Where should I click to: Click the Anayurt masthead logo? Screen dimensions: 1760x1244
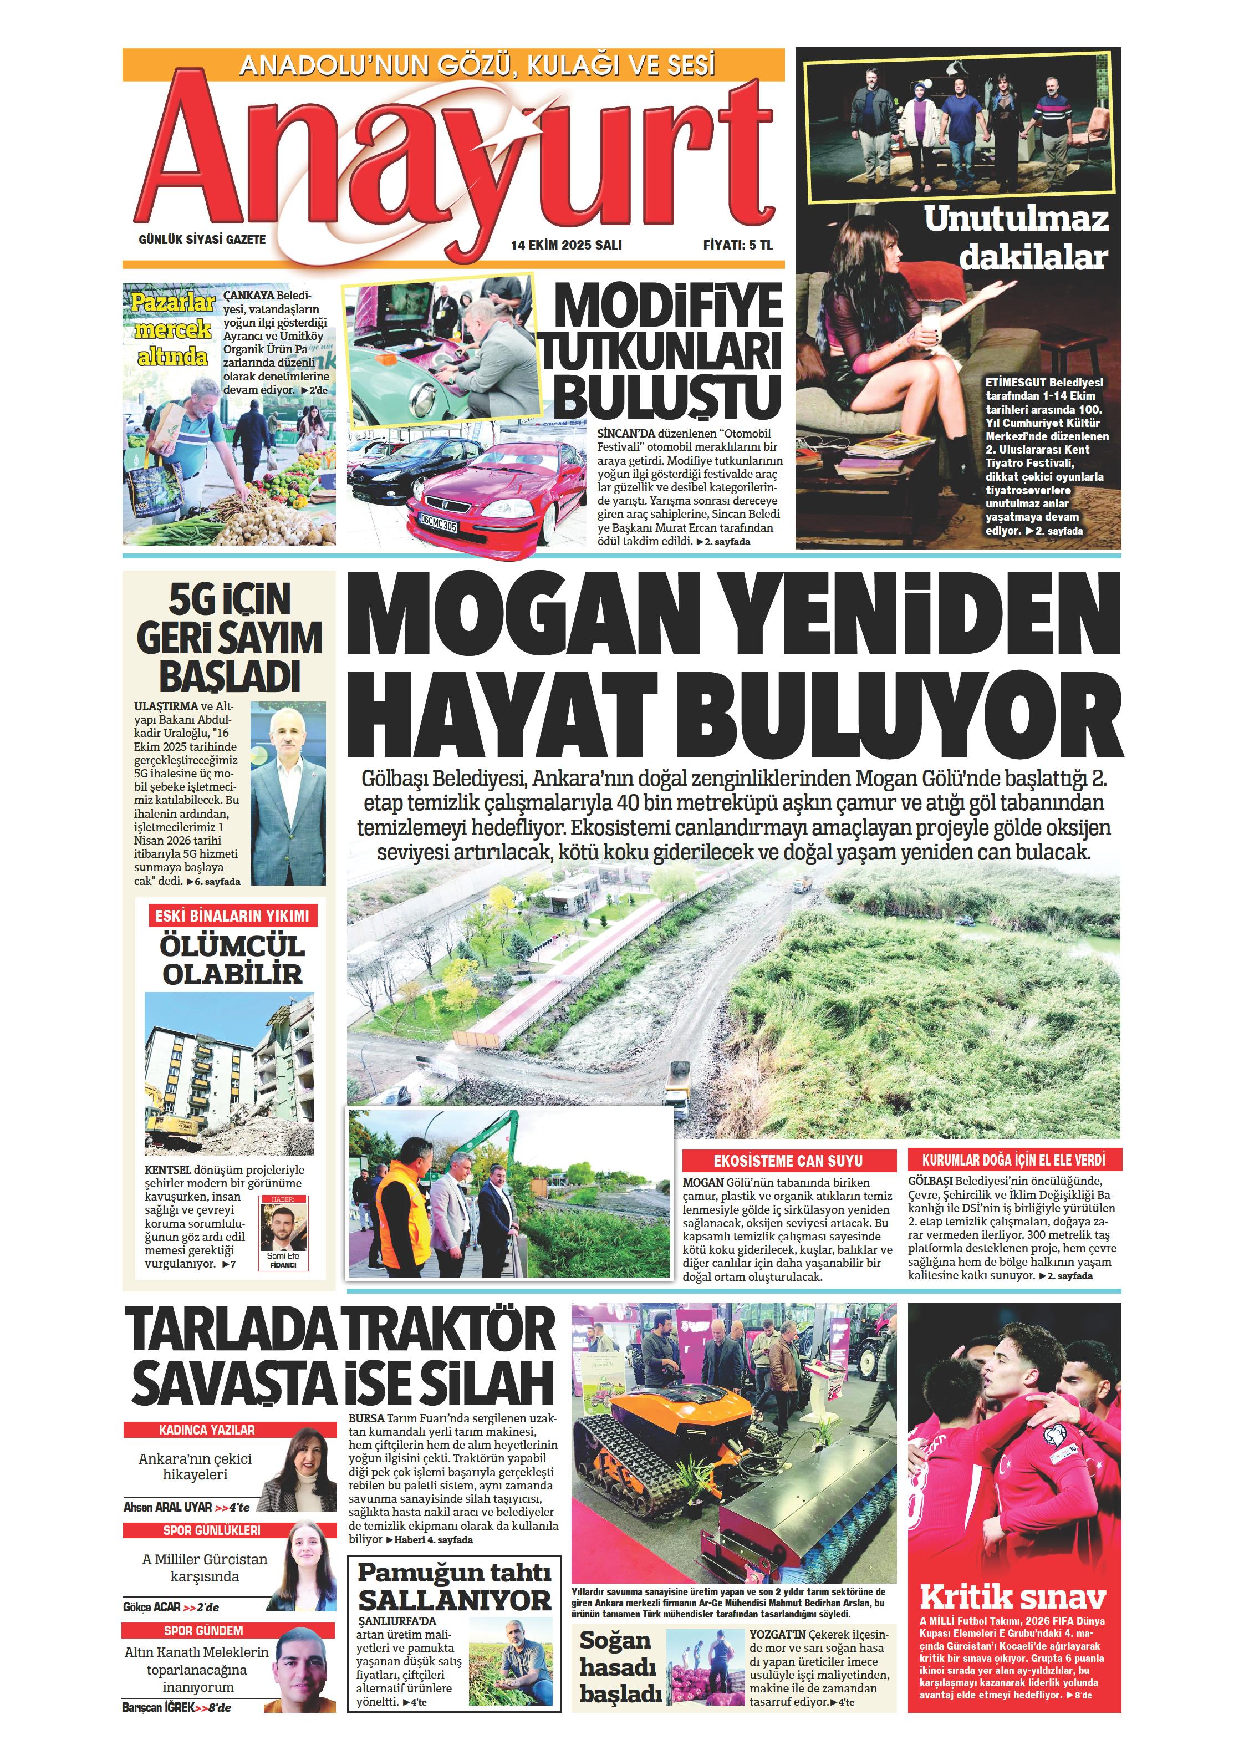pyautogui.click(x=452, y=157)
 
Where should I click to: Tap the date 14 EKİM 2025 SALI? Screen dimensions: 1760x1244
pyautogui.click(x=567, y=245)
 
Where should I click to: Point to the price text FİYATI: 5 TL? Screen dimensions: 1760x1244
pyautogui.click(x=737, y=245)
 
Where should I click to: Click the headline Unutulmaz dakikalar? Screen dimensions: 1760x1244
pyautogui.click(x=1016, y=238)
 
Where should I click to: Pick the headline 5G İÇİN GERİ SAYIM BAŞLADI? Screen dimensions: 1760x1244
pyautogui.click(x=229, y=638)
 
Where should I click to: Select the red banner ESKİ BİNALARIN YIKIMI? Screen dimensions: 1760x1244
pyautogui.click(x=232, y=915)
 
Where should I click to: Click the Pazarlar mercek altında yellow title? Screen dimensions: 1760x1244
pyautogui.click(x=172, y=329)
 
